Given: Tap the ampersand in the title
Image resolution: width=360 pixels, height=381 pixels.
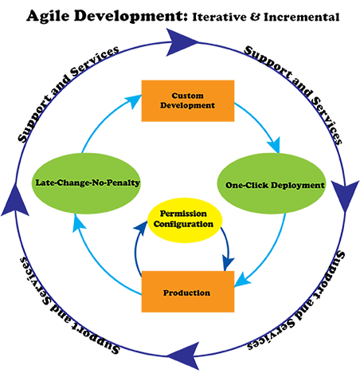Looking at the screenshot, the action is tap(255, 17).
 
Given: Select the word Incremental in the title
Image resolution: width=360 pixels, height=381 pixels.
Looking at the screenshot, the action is tap(301, 17).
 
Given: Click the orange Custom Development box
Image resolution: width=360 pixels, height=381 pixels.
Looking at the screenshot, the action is tap(188, 100).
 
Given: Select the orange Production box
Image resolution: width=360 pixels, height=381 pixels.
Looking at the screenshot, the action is tap(188, 292).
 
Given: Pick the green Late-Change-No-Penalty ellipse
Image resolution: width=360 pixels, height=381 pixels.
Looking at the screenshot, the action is tap(86, 183).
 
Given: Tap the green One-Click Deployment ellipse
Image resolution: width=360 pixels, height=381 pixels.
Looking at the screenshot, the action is tap(272, 183).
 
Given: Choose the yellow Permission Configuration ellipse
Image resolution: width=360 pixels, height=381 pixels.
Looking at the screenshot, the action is tap(185, 220).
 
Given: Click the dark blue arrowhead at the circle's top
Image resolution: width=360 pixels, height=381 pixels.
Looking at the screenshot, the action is tap(180, 42).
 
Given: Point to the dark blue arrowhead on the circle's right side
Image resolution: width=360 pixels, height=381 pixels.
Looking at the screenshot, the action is tap(345, 195).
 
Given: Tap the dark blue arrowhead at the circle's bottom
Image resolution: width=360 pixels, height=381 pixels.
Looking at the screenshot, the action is tap(186, 355).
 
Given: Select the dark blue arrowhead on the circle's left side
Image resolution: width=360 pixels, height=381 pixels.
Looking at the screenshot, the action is tap(15, 201).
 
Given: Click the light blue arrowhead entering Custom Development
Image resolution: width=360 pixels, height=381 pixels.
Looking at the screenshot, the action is tap(134, 101).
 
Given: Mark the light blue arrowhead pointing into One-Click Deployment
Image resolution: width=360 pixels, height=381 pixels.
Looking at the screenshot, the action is tap(275, 146).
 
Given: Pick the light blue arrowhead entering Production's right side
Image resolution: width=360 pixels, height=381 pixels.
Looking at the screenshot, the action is tap(241, 281).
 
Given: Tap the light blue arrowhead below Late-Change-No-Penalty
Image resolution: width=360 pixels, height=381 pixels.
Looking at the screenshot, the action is tap(78, 222).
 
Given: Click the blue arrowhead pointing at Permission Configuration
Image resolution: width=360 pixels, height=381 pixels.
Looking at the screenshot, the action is tap(141, 228).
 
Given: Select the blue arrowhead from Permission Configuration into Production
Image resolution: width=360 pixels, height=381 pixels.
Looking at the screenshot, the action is tap(228, 263).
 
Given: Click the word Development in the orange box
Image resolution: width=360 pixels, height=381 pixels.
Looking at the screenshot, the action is tap(187, 105).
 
